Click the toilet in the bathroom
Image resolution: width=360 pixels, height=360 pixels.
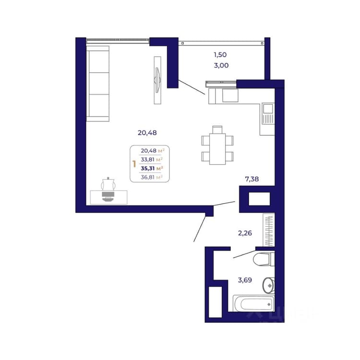click(x=264, y=259)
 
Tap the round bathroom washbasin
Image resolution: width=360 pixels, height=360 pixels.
click(x=268, y=286)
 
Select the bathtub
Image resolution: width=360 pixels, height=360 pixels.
click(x=254, y=303)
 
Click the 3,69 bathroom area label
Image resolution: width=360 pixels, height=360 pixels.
click(x=245, y=280)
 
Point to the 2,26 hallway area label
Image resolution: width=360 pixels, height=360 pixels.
click(x=245, y=233)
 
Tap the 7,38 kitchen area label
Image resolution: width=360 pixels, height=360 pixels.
click(x=252, y=179)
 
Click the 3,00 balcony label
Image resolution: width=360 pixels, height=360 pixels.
click(x=221, y=65)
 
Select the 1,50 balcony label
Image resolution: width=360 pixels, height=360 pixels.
click(x=220, y=55)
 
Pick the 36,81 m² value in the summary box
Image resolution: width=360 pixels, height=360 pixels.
click(x=152, y=177)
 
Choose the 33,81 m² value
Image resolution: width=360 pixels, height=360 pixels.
click(x=152, y=159)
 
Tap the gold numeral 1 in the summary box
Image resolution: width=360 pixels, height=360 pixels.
click(x=134, y=164)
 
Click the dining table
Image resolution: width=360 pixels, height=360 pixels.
click(x=217, y=149)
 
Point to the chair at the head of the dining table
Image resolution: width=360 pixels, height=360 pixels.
click(x=217, y=130)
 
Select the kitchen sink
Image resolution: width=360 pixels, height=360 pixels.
click(x=268, y=108)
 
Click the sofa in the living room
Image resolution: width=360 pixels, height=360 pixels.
click(x=98, y=84)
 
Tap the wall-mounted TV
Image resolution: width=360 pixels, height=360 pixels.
click(x=157, y=80)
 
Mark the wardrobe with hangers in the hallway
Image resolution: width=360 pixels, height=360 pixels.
click(x=269, y=230)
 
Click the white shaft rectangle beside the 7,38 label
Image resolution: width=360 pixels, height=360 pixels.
click(x=259, y=199)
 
